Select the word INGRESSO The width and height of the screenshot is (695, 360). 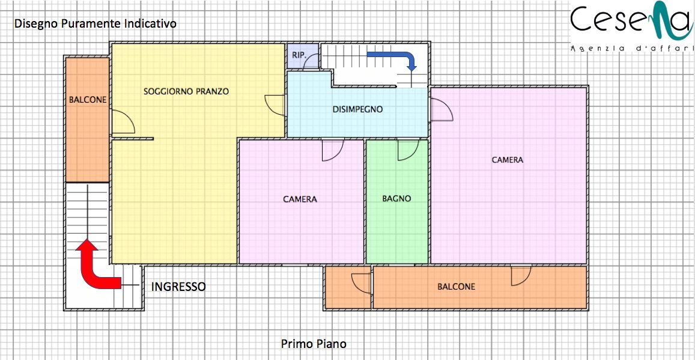click(178, 287)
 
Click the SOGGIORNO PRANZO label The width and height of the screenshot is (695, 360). click(186, 91)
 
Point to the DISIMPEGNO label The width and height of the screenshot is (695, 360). click(357, 109)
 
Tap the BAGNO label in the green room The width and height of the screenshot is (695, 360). click(396, 198)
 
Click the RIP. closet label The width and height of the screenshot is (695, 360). click(298, 55)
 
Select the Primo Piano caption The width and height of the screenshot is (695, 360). click(314, 344)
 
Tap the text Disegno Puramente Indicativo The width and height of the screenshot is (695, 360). click(96, 23)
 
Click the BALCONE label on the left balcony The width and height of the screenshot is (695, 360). click(88, 100)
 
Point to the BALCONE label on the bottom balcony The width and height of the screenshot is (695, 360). click(456, 287)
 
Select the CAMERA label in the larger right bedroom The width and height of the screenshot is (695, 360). click(508, 160)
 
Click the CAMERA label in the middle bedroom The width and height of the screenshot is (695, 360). click(300, 199)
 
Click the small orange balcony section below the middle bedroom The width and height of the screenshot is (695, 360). click(347, 287)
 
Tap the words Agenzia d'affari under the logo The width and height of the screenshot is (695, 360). click(631, 48)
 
